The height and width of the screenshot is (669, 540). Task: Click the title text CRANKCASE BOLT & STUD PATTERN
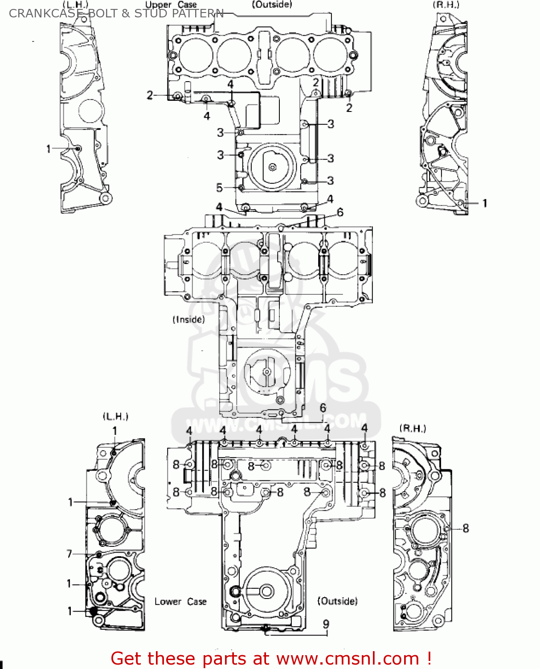(116, 13)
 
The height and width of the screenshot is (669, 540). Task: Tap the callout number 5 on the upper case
(219, 188)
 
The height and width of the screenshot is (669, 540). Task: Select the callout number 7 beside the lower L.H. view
(69, 554)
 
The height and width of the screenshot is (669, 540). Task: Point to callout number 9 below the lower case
(326, 624)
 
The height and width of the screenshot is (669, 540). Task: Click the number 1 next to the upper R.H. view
(485, 203)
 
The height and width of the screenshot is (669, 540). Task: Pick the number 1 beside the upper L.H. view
(49, 149)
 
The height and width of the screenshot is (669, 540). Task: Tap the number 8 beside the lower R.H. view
(466, 529)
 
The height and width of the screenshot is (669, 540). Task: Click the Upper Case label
(171, 5)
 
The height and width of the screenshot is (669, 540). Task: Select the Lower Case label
(180, 602)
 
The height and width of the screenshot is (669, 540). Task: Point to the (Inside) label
(188, 320)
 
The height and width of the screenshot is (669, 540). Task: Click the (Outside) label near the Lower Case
(337, 601)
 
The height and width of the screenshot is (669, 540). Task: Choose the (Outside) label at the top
(272, 4)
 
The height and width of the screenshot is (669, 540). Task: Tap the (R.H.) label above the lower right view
(413, 429)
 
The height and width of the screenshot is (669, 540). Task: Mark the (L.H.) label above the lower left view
(116, 417)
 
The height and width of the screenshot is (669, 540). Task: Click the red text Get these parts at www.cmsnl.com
(270, 659)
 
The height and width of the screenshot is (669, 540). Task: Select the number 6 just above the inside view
(340, 212)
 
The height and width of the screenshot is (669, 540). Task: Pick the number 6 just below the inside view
(323, 408)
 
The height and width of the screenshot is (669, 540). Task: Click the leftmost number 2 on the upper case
(150, 95)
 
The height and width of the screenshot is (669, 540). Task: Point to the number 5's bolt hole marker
(241, 188)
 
